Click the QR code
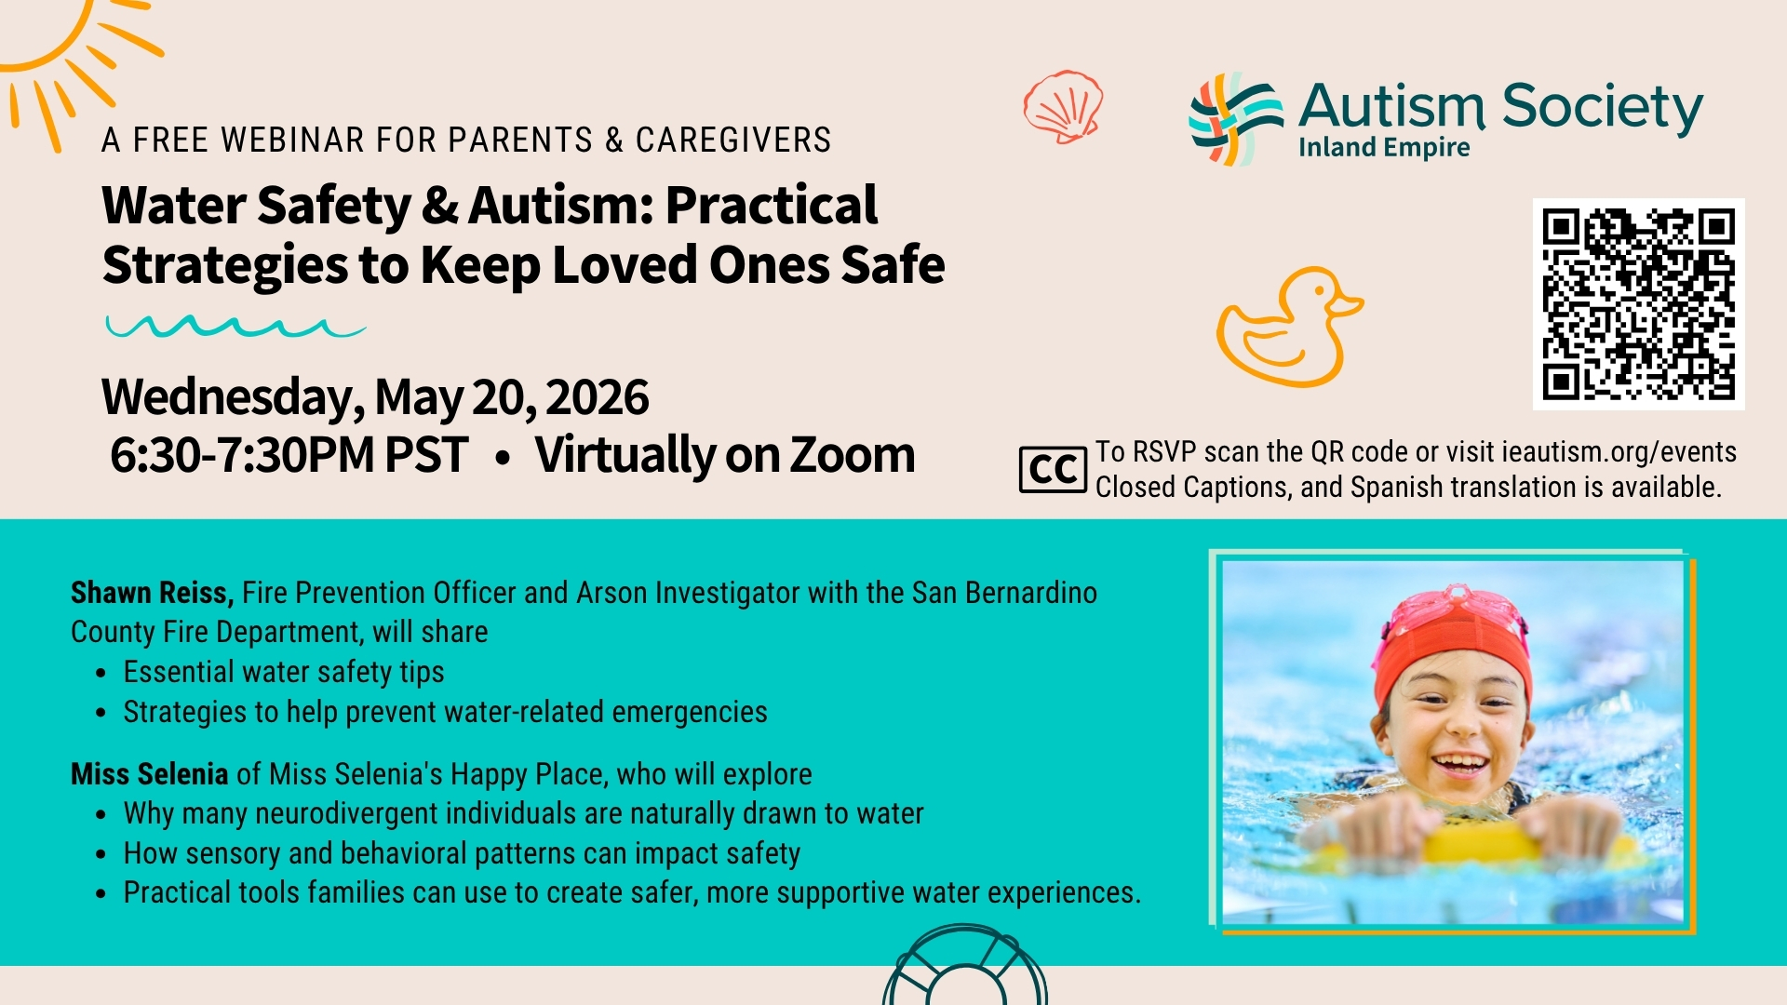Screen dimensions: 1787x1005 tap(1638, 304)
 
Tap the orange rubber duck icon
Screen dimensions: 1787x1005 tap(1289, 328)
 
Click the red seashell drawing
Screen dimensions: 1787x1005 tap(1063, 106)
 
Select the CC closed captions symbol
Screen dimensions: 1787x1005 tap(1053, 469)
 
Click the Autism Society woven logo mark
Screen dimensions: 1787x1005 tap(1236, 119)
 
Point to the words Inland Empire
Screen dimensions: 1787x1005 tap(1384, 148)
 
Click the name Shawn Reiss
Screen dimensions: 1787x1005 tap(152, 593)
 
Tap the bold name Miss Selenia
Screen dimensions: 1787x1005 tap(149, 773)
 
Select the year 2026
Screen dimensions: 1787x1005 tap(598, 397)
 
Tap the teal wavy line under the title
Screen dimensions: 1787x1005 tap(235, 327)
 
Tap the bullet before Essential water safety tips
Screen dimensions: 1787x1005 tap(101, 674)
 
